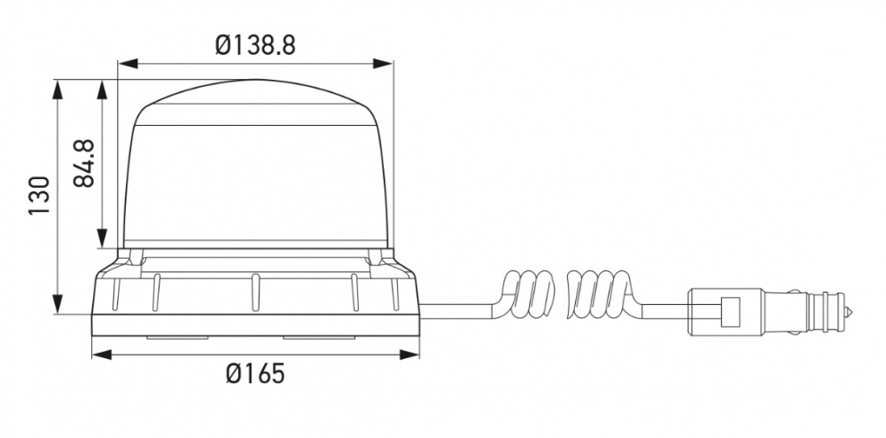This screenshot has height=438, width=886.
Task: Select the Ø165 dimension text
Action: click(x=255, y=374)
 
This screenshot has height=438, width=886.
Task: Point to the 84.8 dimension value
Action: click(x=85, y=163)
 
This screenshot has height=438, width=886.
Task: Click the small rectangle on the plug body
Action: click(x=731, y=312)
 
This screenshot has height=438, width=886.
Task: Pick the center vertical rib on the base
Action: click(x=255, y=293)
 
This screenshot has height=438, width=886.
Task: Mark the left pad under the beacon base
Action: click(x=177, y=338)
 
